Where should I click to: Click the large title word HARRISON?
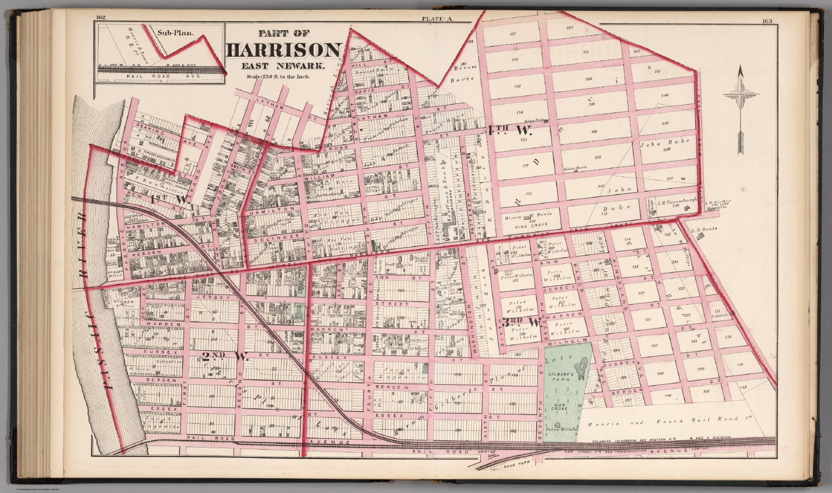[x=283, y=50]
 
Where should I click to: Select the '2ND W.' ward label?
[x=225, y=356]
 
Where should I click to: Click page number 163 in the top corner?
[x=767, y=22]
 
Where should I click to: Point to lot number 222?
[x=569, y=28]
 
